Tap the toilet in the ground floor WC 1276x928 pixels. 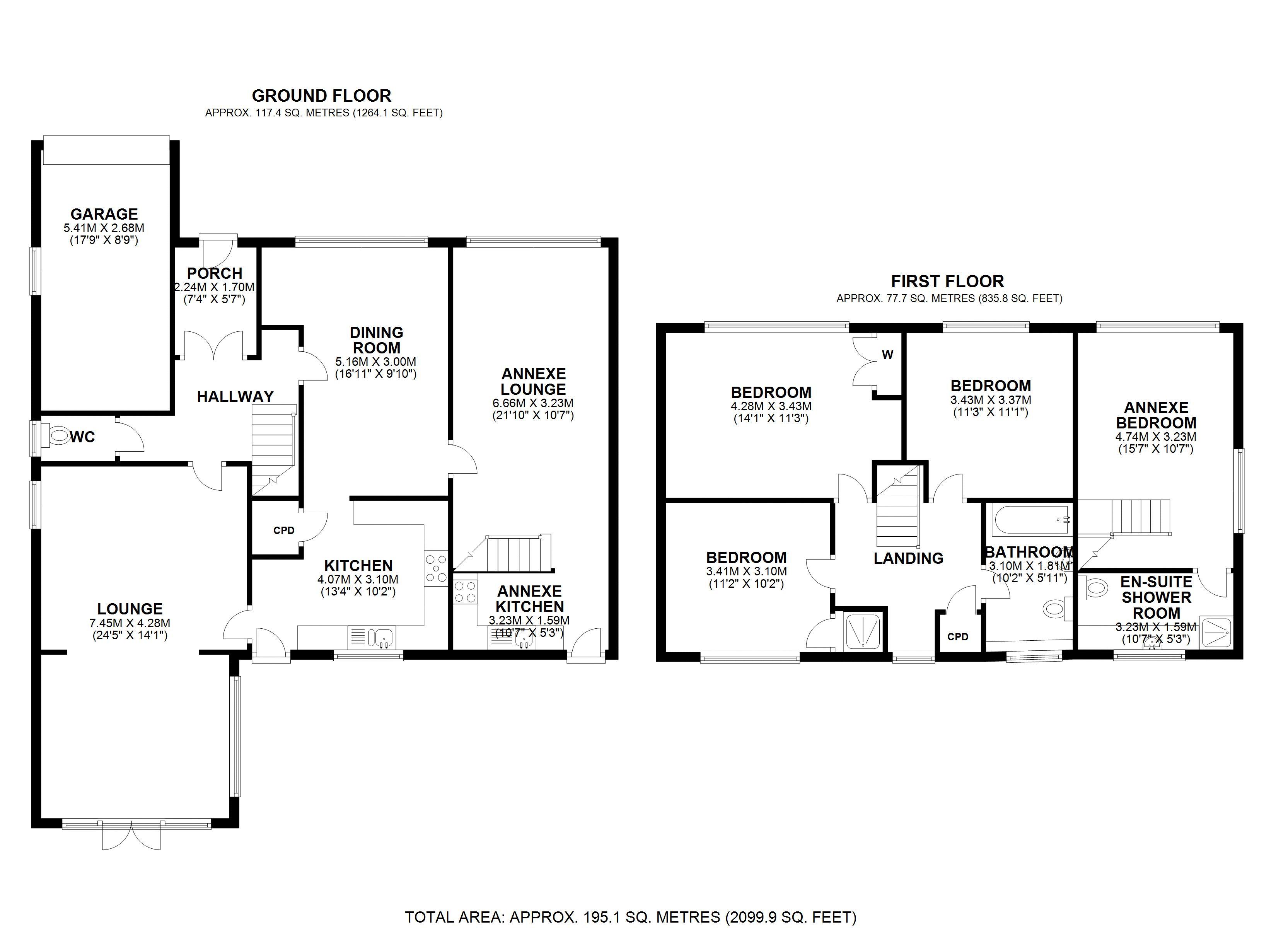click(x=57, y=435)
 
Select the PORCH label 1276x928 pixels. click(x=214, y=273)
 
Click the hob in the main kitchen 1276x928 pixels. click(x=436, y=568)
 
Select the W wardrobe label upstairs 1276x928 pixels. click(x=887, y=355)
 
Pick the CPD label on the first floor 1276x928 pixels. click(x=957, y=636)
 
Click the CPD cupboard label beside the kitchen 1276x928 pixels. click(x=283, y=531)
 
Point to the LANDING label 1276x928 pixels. click(x=908, y=558)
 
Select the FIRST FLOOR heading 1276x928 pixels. click(x=947, y=281)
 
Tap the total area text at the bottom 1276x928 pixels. click(x=630, y=917)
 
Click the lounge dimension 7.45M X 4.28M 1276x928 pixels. click(x=130, y=624)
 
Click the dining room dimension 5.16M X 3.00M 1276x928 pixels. click(x=376, y=362)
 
